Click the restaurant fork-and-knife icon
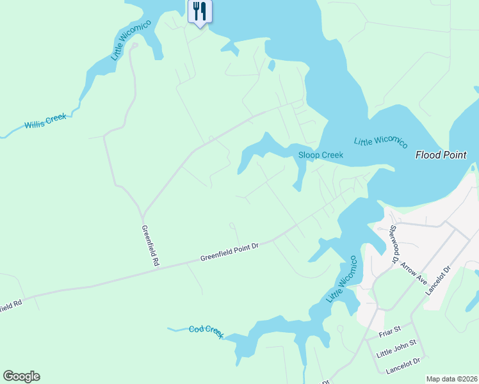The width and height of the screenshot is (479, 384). coord(200,11)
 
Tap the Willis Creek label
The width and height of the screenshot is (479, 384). coord(45,122)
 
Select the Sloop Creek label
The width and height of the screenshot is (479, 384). coord(321,155)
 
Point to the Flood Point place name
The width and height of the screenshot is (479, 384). coord(441,155)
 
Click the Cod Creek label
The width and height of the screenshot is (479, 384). coord(206,332)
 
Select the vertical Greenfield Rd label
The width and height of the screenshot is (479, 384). coord(149,245)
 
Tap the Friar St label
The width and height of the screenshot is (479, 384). coord(389,330)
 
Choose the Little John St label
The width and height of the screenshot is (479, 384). coord(396,348)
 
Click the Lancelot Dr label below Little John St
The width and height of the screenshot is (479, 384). coord(403,366)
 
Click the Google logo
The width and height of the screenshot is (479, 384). coord(21,376)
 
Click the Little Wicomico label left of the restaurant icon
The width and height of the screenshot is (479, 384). coord(131,40)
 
